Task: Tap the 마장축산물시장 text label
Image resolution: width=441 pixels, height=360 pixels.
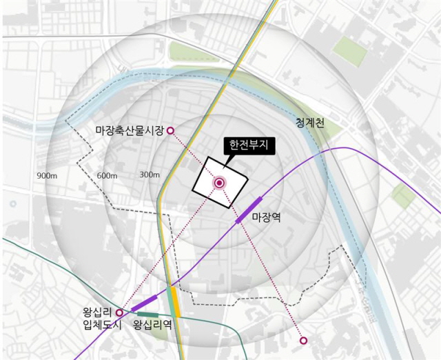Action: [130, 130]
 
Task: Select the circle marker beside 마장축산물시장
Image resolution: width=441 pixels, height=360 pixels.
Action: [171, 130]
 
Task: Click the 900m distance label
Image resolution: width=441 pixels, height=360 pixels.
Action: [47, 176]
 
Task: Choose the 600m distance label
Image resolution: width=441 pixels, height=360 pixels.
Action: [107, 176]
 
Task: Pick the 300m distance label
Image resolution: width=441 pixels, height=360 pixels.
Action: [150, 174]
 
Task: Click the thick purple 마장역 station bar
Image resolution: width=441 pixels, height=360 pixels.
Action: [249, 210]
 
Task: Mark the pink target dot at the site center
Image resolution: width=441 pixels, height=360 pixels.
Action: [220, 183]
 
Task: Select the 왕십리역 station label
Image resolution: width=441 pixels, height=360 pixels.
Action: [152, 324]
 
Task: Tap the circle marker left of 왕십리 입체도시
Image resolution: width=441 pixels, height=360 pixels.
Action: [119, 312]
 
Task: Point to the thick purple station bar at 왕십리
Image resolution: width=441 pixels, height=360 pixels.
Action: [144, 303]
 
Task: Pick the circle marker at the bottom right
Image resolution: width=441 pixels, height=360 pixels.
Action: [303, 340]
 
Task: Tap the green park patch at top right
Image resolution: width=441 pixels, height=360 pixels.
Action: [349, 50]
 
